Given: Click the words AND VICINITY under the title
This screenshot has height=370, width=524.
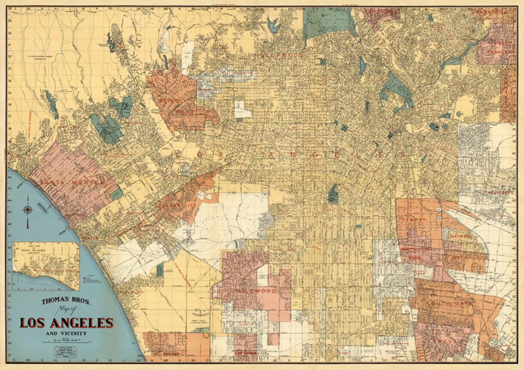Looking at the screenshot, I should tap(66, 333).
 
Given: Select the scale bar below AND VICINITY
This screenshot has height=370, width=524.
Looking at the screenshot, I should tap(67, 341).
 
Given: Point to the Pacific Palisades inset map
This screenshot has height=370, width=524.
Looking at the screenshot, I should tap(46, 266).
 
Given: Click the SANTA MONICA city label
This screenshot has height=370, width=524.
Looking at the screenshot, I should tap(72, 183).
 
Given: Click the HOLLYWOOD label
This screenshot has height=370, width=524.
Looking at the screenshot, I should tap(280, 56).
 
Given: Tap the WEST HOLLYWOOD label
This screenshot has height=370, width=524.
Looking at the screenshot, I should tap(237, 73).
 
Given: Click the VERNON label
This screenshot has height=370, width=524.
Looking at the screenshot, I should tap(414, 220).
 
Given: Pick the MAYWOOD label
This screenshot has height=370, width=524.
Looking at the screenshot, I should tap(461, 236).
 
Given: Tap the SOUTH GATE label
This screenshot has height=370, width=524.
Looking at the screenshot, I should tap(442, 304).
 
